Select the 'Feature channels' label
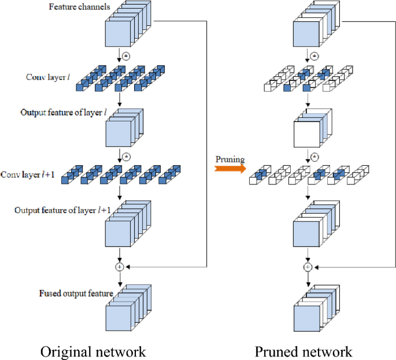[75, 6]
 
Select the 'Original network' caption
[92, 351]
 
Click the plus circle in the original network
[120, 267]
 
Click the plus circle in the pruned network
[308, 267]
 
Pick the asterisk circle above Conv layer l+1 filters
[127, 156]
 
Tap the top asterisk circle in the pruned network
[314, 56]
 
